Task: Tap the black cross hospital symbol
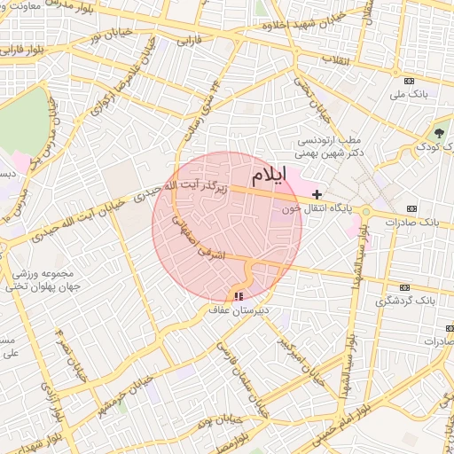[x=317, y=193]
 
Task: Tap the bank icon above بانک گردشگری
[x=407, y=287]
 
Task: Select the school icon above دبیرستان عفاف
[x=238, y=297]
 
